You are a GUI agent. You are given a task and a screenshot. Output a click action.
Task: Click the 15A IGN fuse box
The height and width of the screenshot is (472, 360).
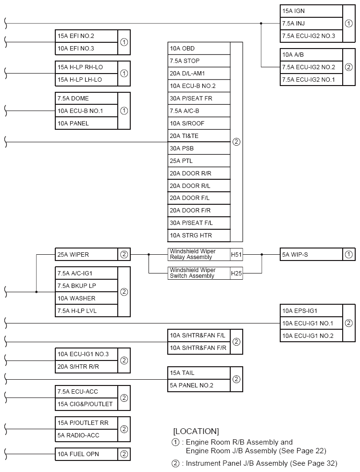pyautogui.click(x=311, y=11)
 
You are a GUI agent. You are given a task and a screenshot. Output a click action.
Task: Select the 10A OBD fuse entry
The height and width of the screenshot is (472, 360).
pyautogui.click(x=199, y=49)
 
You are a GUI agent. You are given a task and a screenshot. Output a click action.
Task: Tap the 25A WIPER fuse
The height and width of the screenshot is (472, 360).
pyautogui.click(x=87, y=254)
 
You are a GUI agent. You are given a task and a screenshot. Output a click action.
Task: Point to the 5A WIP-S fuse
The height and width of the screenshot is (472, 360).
pyautogui.click(x=311, y=254)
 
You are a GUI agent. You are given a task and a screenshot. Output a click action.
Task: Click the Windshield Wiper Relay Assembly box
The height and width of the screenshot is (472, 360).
pyautogui.click(x=199, y=254)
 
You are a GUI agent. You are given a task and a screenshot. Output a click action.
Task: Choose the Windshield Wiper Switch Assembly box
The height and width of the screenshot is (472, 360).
pyautogui.click(x=199, y=273)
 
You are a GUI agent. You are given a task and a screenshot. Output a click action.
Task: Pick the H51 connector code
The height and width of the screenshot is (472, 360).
pyautogui.click(x=236, y=254)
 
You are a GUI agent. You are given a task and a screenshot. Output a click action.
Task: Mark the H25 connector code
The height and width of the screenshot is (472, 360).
pyautogui.click(x=236, y=273)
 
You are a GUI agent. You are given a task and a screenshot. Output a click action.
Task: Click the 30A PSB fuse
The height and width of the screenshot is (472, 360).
pyautogui.click(x=199, y=148)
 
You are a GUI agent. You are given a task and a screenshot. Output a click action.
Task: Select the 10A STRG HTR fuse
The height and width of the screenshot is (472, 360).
pyautogui.click(x=199, y=236)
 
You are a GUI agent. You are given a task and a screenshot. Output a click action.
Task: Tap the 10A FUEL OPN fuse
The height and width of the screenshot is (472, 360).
pyautogui.click(x=87, y=454)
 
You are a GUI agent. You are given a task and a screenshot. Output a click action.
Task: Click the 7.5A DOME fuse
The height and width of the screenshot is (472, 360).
pyautogui.click(x=87, y=99)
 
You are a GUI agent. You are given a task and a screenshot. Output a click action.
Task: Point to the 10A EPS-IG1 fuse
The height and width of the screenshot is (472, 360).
pyautogui.click(x=311, y=311)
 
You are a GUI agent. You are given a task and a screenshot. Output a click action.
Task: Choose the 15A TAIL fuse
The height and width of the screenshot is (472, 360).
pyautogui.click(x=199, y=373)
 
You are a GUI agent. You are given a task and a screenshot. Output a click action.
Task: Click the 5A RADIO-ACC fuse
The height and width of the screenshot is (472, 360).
pyautogui.click(x=87, y=435)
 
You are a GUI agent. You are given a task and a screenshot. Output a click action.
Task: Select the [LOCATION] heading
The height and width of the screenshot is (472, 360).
pyautogui.click(x=196, y=431)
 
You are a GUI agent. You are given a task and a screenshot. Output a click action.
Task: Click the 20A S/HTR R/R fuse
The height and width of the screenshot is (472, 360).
pyautogui.click(x=87, y=367)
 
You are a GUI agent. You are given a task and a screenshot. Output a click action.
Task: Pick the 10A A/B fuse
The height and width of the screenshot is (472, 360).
pyautogui.click(x=311, y=55)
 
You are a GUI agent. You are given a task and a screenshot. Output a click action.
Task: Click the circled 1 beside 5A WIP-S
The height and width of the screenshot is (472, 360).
pyautogui.click(x=348, y=254)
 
